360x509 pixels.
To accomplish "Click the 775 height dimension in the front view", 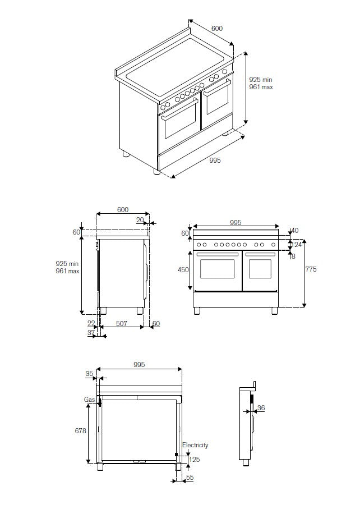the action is coord(311,269).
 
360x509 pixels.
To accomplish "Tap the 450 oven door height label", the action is coord(183,269).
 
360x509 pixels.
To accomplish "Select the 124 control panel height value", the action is coord(297,245).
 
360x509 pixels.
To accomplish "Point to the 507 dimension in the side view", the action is coord(121,323).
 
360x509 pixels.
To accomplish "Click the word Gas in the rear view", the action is coord(90,399).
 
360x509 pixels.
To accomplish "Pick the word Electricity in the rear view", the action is coord(195,445).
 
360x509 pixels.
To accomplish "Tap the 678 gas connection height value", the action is coord(80,431).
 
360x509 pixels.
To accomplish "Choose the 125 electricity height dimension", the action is coord(195,459).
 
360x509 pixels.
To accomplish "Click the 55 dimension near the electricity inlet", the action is coord(190,477).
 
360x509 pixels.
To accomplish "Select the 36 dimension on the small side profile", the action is coord(261,408).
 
